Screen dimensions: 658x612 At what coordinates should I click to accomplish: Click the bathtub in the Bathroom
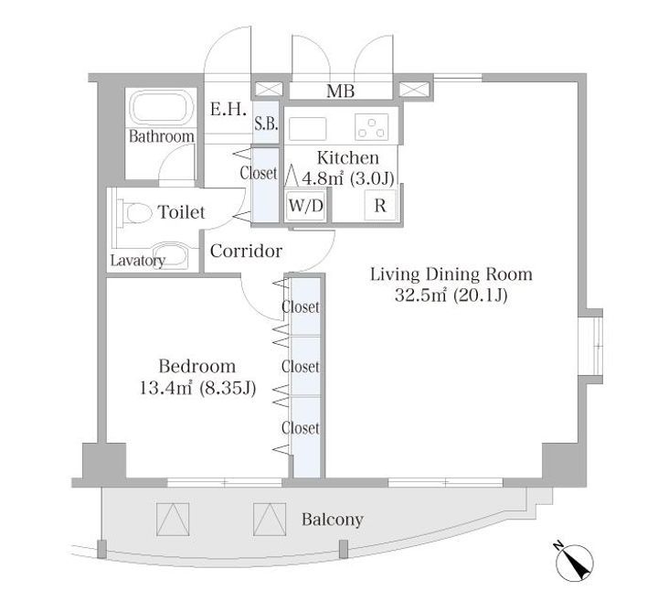pyautogui.click(x=162, y=108)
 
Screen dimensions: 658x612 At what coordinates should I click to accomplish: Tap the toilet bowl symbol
pyautogui.click(x=137, y=213)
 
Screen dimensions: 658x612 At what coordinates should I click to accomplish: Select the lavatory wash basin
pyautogui.click(x=171, y=255)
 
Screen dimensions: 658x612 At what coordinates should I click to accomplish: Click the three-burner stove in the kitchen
pyautogui.click(x=371, y=127)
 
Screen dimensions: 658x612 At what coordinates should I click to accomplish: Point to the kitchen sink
pyautogui.click(x=308, y=129)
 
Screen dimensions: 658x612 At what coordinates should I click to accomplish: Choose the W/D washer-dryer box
pyautogui.click(x=305, y=206)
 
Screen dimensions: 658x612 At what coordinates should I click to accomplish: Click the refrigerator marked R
pyautogui.click(x=380, y=206)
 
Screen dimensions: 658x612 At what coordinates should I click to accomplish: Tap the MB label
pyautogui.click(x=340, y=91)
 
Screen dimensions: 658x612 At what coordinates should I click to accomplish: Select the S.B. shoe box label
pyautogui.click(x=266, y=123)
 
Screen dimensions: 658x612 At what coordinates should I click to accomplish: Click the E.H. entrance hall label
pyautogui.click(x=228, y=110)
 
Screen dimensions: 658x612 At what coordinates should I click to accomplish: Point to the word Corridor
pyautogui.click(x=246, y=252)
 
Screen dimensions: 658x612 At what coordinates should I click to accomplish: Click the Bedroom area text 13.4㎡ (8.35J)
pyautogui.click(x=197, y=388)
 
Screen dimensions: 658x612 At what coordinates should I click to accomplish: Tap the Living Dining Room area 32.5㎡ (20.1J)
pyautogui.click(x=451, y=295)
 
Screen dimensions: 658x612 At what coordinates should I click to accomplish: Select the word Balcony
pyautogui.click(x=333, y=520)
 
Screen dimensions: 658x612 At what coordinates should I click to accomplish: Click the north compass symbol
pyautogui.click(x=575, y=563)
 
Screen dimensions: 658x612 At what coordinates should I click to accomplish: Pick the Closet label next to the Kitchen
pyautogui.click(x=259, y=173)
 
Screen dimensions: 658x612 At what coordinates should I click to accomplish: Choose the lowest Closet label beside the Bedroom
pyautogui.click(x=301, y=428)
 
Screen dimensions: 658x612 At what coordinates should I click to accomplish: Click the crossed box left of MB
pyautogui.click(x=270, y=90)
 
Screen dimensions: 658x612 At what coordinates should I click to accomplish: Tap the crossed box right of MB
pyautogui.click(x=414, y=90)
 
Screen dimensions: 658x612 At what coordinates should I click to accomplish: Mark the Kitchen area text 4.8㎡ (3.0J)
pyautogui.click(x=348, y=179)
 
